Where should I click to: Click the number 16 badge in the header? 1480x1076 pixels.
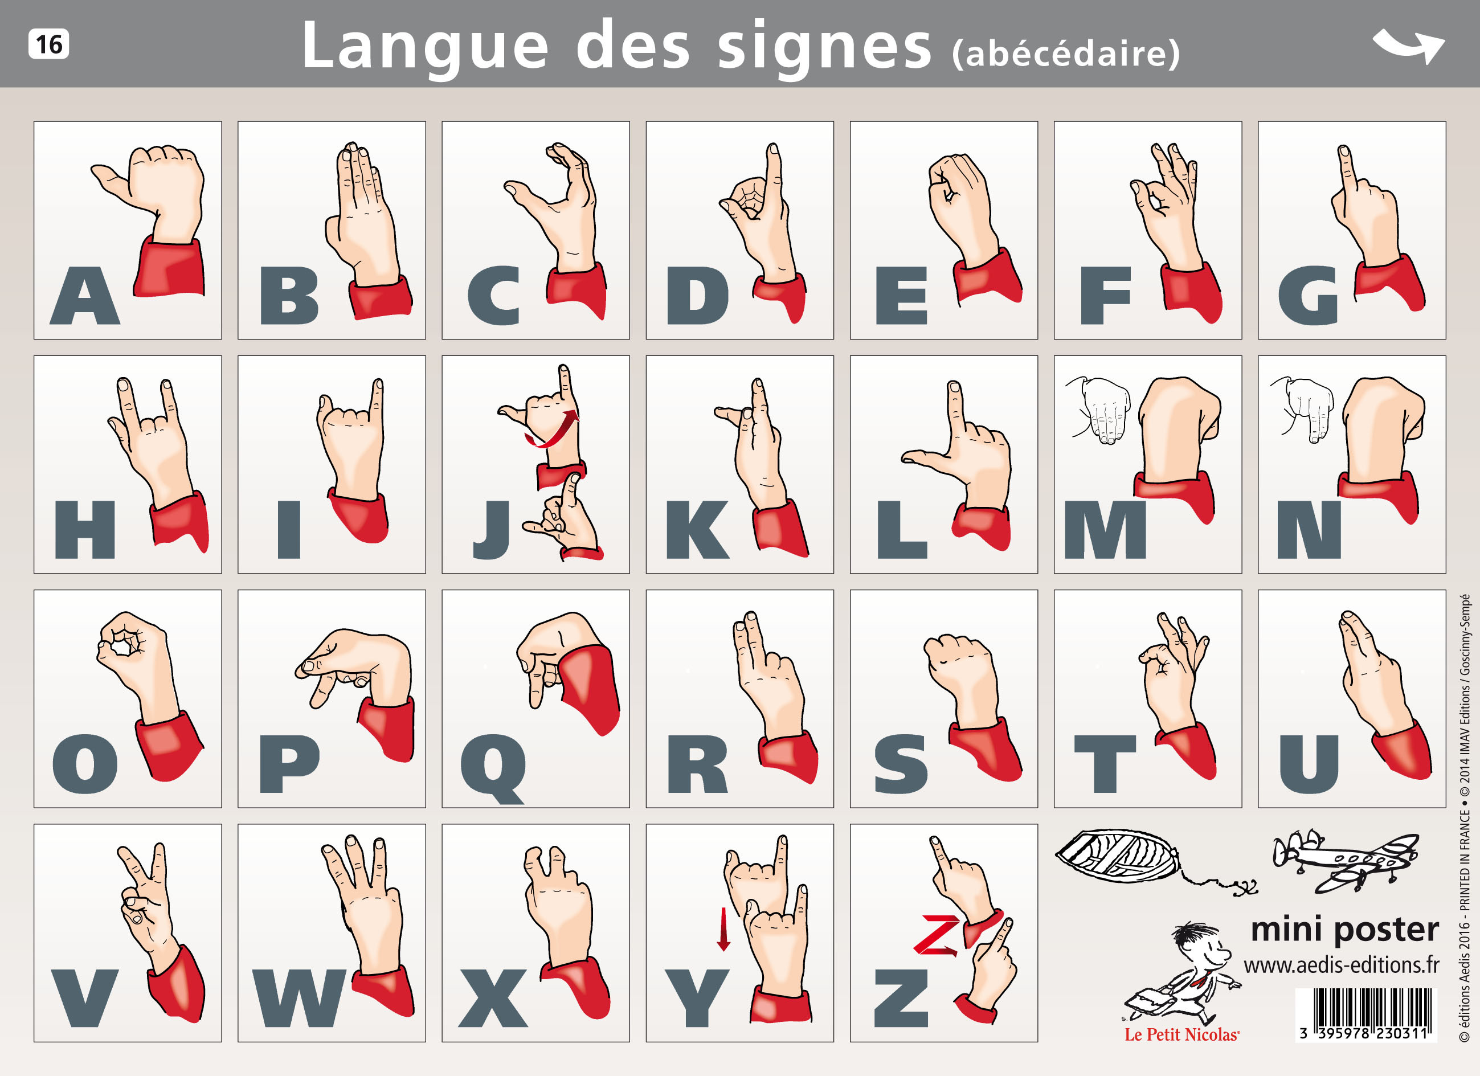[x=48, y=44]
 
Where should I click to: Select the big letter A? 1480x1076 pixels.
[x=85, y=297]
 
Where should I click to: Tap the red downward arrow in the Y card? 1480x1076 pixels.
[x=723, y=929]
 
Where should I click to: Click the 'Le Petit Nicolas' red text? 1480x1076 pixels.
[x=1181, y=1035]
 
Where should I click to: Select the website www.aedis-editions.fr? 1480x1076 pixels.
[x=1341, y=964]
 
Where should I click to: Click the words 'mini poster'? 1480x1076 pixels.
[x=1344, y=929]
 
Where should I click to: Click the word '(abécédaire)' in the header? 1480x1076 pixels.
[x=1066, y=54]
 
